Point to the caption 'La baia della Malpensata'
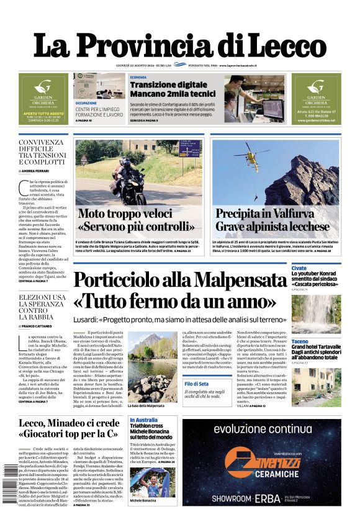146,406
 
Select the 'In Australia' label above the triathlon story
143,421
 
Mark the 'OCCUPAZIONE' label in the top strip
86,103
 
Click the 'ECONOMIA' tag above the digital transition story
138,77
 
